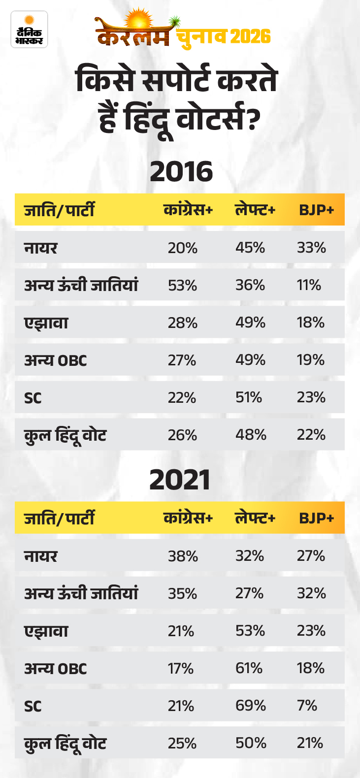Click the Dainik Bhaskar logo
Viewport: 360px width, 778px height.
coord(29,30)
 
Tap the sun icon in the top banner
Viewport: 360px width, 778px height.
coord(139,20)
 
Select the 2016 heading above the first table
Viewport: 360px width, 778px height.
coord(181,172)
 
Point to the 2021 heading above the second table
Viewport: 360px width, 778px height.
coord(180,480)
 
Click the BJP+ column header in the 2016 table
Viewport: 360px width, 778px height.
coord(317,210)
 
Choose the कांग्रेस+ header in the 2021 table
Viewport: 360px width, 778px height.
coord(188,518)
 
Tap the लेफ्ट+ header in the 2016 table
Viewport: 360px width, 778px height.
coord(255,210)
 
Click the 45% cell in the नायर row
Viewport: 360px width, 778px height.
coord(250,248)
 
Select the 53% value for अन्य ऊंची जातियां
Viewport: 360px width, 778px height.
coord(182,286)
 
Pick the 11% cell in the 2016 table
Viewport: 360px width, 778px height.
coord(309,286)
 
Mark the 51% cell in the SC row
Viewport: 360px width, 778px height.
coord(249,397)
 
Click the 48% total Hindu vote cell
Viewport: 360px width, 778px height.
coord(251,435)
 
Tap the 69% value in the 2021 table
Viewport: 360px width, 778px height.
coord(251,706)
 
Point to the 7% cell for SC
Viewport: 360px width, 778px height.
coord(307,706)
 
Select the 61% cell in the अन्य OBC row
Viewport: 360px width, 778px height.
coord(249,669)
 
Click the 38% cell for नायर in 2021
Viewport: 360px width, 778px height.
coord(183,556)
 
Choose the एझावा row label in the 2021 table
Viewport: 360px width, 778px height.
coord(46,631)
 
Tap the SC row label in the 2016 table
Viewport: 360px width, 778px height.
coord(33,398)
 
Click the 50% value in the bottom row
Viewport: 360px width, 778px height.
coord(251,744)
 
